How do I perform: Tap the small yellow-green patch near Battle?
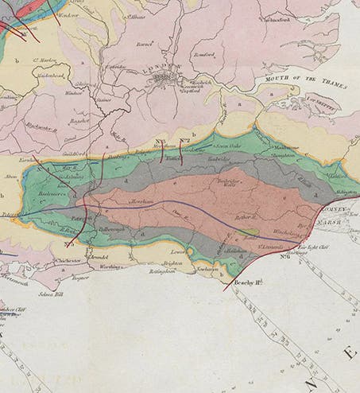(250, 232)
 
